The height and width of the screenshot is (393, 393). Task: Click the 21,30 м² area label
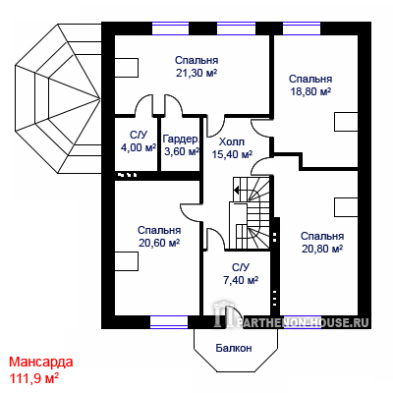coord(196,73)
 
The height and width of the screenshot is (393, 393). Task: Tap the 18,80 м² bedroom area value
coord(310,91)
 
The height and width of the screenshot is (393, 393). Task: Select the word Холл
coord(232,142)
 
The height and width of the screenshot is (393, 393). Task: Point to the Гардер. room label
coord(181,140)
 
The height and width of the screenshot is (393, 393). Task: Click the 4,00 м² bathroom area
coord(139,147)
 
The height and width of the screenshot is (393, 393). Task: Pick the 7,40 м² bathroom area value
coord(241,280)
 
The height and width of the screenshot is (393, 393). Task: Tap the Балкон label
coord(234,348)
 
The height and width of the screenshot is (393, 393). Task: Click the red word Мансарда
coord(41,363)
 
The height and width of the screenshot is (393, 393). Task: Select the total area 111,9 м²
coord(34,378)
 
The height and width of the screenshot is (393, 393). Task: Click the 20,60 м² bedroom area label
coord(159,243)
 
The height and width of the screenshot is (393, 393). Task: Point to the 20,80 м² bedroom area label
coord(322,249)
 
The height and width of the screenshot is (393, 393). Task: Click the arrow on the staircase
coord(238,190)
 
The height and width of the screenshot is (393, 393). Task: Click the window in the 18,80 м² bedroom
coord(302,28)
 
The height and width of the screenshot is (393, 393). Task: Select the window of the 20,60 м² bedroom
coord(169,322)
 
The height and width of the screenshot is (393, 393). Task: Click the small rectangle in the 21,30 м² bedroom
coord(127,68)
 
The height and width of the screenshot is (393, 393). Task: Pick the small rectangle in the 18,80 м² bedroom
coord(346,122)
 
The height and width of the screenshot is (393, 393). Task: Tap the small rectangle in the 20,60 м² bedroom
coord(127,261)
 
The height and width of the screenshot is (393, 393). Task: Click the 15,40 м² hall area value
coord(232,154)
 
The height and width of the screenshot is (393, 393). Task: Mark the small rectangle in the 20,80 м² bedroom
coord(346,207)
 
